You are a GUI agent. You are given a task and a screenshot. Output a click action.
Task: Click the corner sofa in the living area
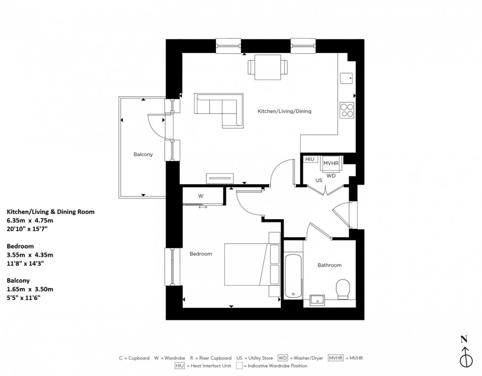tap(221, 109)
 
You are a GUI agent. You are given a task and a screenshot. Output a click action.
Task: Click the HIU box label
tap(310, 160)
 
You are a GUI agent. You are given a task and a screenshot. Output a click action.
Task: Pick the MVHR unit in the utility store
tap(331, 163)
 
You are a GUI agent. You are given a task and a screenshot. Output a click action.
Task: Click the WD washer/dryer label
tap(331, 175)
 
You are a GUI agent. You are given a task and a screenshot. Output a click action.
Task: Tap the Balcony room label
tap(143, 154)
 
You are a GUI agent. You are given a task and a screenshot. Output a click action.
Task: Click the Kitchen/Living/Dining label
tap(284, 111)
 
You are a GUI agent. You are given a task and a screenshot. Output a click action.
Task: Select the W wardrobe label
tap(200, 196)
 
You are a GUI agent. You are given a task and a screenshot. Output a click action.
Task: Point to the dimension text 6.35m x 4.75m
tap(30, 220)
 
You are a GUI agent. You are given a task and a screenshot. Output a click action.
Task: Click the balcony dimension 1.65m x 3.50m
tap(30, 289)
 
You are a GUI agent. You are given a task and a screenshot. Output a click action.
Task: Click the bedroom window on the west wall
tap(172, 267)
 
